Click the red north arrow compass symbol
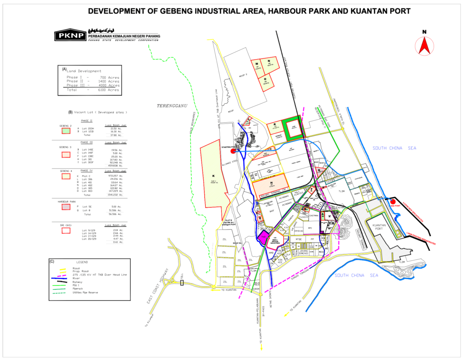click(x=424, y=46)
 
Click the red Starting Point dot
click(x=233, y=151)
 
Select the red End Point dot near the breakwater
click(x=393, y=202)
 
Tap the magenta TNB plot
click(x=264, y=238)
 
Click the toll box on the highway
click(x=182, y=283)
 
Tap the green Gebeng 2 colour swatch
click(x=66, y=131)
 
